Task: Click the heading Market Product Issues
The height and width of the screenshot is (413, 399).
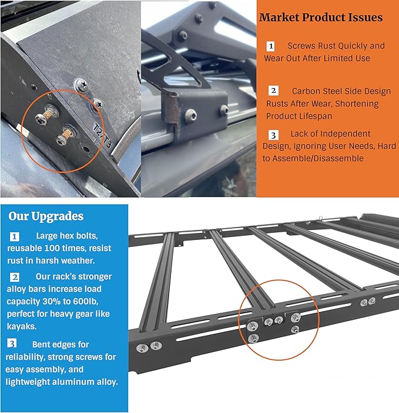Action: point(321,18)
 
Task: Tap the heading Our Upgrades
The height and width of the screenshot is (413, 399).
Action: point(46,216)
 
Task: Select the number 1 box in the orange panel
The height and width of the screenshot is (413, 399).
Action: point(271,46)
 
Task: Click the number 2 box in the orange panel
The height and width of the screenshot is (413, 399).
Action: point(274,91)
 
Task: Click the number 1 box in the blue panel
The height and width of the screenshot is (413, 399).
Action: point(15,236)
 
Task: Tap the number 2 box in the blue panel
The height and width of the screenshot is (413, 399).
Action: point(15,276)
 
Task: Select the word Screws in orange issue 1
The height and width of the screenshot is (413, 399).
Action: point(301,46)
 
